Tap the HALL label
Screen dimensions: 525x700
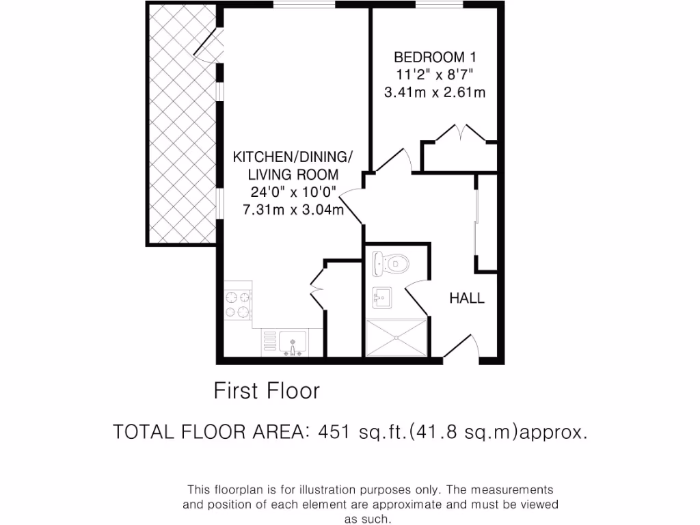point(467,298)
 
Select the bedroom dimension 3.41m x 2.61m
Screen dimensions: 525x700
point(435,92)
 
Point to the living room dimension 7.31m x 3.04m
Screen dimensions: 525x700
point(293,210)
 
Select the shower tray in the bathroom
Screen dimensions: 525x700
point(397,338)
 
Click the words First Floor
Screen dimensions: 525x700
point(267,391)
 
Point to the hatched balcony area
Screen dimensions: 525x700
point(181,123)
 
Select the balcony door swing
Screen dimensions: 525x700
point(207,44)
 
